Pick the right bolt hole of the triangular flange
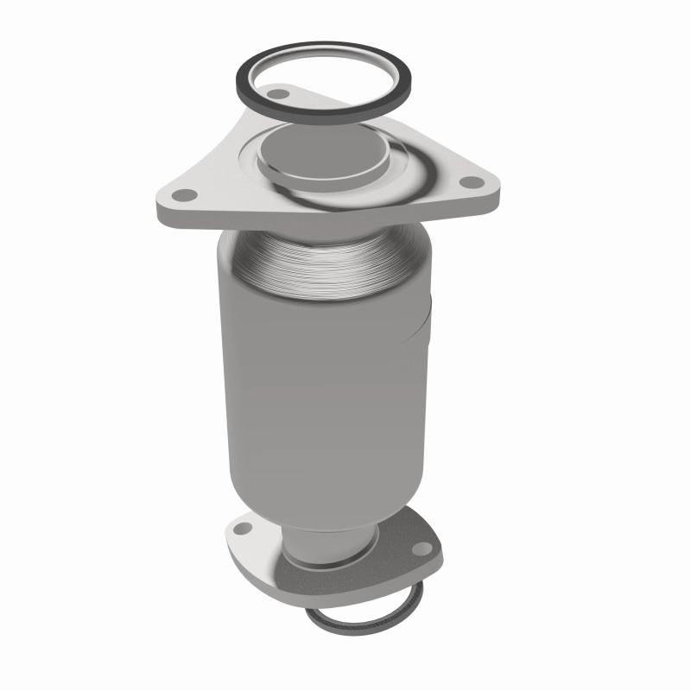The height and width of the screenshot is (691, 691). (x=470, y=182)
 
